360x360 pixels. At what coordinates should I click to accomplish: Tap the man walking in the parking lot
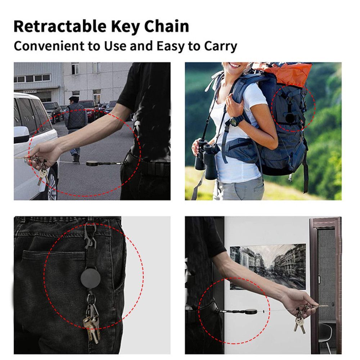(75, 122)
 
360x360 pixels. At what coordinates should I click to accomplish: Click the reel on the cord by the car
(92, 163)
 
